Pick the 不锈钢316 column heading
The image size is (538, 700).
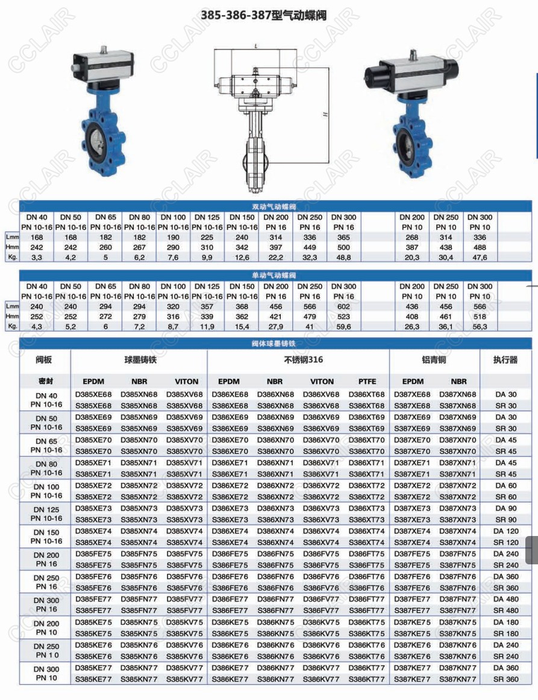(x=298, y=360)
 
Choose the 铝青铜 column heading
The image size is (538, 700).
(x=434, y=360)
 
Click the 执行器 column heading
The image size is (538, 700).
(x=505, y=360)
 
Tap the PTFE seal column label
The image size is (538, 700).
(x=367, y=381)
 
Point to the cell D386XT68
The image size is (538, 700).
(x=366, y=394)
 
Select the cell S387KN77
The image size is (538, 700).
(x=457, y=679)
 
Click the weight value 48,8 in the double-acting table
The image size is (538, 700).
(x=344, y=257)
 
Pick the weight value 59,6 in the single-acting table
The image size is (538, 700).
(x=344, y=326)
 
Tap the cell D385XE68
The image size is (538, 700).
(x=93, y=394)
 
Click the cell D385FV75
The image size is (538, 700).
(x=184, y=553)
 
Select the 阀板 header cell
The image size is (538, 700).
(x=45, y=360)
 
